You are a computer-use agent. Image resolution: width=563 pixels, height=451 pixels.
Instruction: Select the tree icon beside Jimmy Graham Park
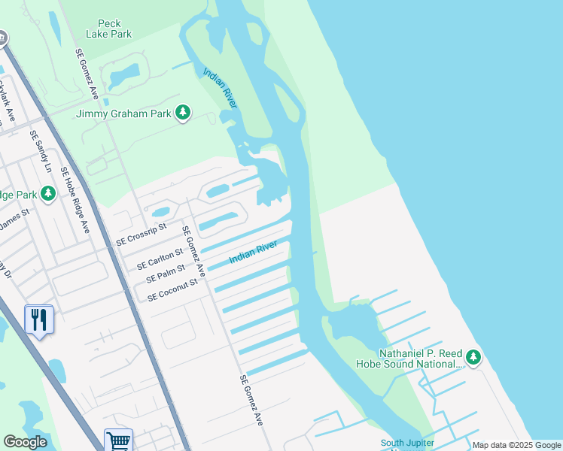pyautogui.click(x=182, y=113)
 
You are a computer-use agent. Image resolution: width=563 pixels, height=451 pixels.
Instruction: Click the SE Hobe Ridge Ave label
pyautogui.click(x=75, y=200)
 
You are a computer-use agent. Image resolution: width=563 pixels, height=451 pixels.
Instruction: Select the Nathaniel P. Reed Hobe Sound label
pyautogui.click(x=409, y=358)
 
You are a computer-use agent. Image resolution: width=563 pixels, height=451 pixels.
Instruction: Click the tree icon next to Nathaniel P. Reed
pyautogui.click(x=473, y=357)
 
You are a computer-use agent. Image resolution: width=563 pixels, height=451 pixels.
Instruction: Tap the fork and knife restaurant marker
pyautogui.click(x=38, y=319)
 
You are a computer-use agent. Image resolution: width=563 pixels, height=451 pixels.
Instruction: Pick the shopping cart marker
pyautogui.click(x=118, y=440)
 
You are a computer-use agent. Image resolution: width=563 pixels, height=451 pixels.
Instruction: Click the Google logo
pyautogui.click(x=25, y=442)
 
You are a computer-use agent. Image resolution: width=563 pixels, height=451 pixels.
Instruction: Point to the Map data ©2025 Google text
pyautogui.click(x=516, y=445)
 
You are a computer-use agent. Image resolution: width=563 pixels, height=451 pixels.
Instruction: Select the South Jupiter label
pyautogui.click(x=407, y=443)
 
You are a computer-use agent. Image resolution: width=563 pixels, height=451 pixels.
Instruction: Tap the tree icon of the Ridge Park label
pyautogui.click(x=48, y=195)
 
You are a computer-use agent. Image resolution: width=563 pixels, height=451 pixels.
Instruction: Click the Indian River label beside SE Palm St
pyautogui.click(x=254, y=251)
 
